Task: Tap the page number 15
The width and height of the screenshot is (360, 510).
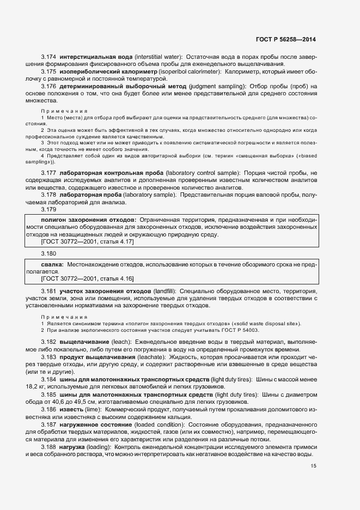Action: (x=313, y=465)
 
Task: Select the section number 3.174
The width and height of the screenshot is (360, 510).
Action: (x=49, y=57)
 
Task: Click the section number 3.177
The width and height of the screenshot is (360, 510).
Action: (x=49, y=172)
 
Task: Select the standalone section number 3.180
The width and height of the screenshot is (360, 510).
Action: (x=49, y=253)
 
